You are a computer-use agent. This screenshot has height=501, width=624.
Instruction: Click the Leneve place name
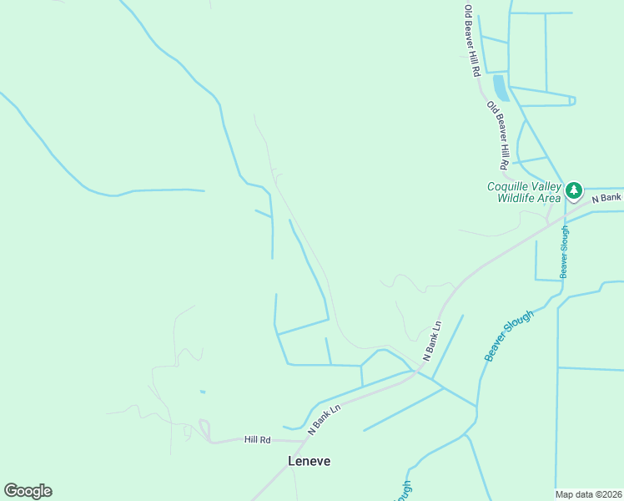pyautogui.click(x=309, y=461)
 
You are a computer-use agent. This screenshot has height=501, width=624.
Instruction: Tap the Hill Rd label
pyautogui.click(x=258, y=439)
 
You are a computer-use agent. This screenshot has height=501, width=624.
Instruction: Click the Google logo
pyautogui.click(x=28, y=491)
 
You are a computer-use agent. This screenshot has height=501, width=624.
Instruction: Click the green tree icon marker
pyautogui.click(x=574, y=191)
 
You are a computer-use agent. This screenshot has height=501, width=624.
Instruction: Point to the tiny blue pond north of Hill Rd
pyautogui.click(x=203, y=392)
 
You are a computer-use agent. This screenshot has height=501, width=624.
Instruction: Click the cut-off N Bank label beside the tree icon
pyautogui.click(x=606, y=198)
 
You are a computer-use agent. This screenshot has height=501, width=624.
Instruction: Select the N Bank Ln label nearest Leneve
pyautogui.click(x=325, y=420)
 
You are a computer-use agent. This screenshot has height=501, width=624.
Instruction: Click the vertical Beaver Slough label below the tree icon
pyautogui.click(x=565, y=251)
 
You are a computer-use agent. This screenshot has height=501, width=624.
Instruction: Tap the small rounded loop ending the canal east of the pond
pyautogui.click(x=571, y=101)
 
